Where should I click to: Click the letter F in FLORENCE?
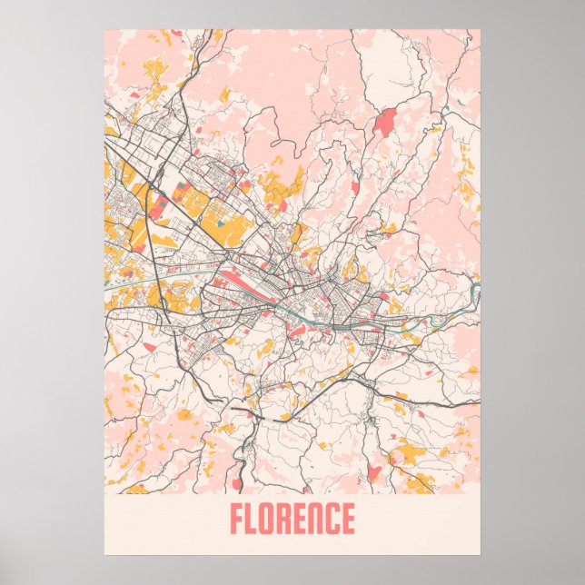pos(237,520)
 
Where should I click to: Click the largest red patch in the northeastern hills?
pos(385,122)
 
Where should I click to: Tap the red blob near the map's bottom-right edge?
pos(373,472)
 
